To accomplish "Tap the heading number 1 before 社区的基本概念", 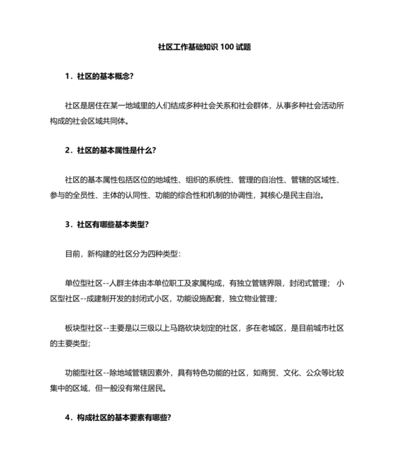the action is click(65, 76).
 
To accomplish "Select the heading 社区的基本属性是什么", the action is click(115, 150).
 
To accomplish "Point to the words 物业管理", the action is click(259, 298).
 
